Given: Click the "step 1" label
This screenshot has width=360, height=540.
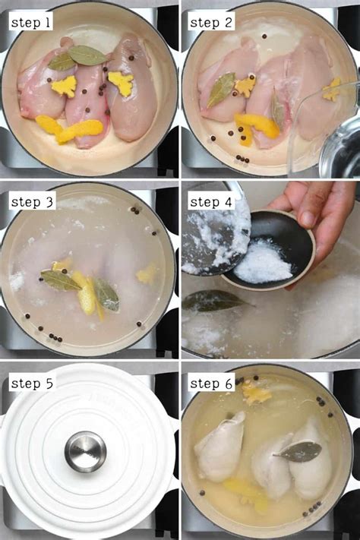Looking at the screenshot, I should coord(30,23).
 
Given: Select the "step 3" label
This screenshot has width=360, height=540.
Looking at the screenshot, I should coord(31,202).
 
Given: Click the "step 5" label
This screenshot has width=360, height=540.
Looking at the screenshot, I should coord(31,383).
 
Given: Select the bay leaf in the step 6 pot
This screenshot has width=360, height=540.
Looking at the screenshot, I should coord(297,451).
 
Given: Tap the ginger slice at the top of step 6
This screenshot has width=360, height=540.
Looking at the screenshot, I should coord(256,393).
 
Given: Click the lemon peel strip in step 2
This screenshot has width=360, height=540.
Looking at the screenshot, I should coord(255,128).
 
